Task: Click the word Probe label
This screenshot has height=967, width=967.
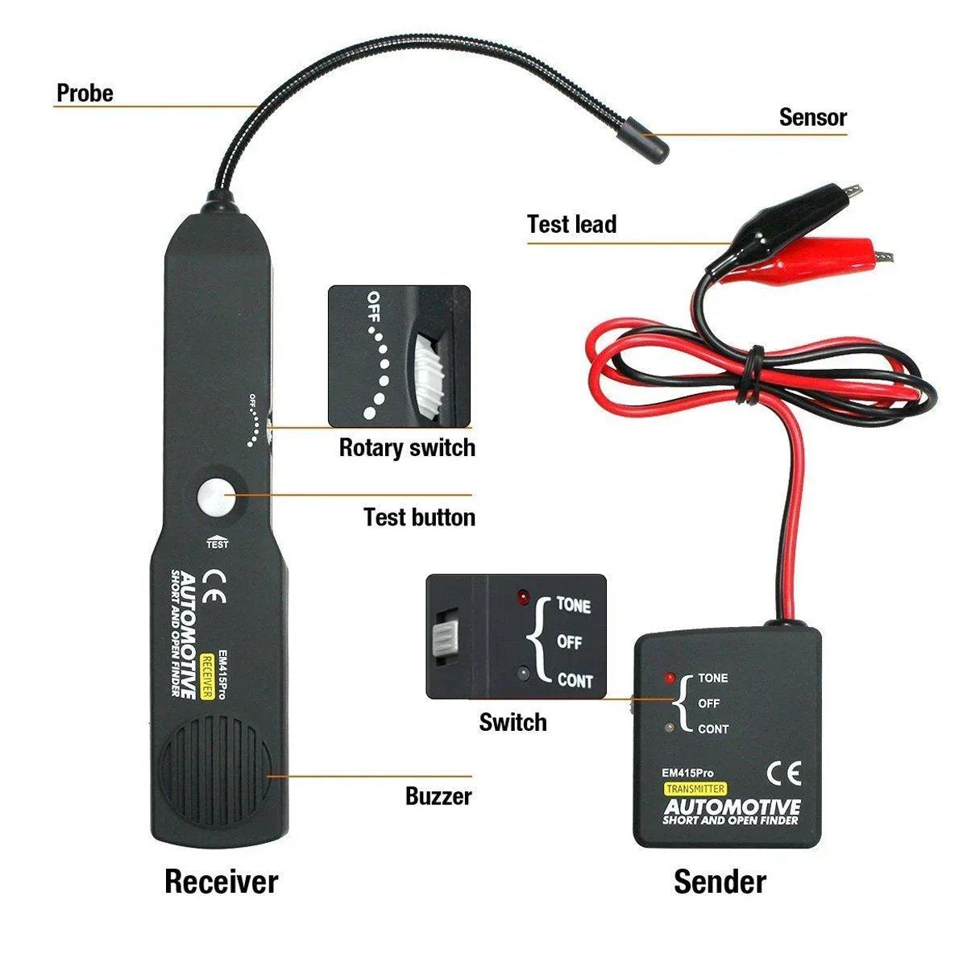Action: (x=85, y=93)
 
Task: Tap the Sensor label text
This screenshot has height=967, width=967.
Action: (x=812, y=118)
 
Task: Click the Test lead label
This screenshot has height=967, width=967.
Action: (x=571, y=224)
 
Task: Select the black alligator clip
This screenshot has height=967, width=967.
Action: (x=786, y=213)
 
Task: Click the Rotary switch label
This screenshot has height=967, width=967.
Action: (x=406, y=447)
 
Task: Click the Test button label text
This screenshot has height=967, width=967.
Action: (x=419, y=517)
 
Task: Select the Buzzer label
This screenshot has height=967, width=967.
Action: (x=438, y=797)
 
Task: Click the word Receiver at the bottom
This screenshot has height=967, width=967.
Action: (x=221, y=881)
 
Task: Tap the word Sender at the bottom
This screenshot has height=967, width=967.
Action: (x=720, y=881)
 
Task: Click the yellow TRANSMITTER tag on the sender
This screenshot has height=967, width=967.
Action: (x=695, y=789)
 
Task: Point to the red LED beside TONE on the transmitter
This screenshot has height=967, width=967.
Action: (x=668, y=678)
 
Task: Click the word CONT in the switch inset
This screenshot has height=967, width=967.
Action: (x=575, y=681)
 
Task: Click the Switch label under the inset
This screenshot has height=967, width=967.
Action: (x=513, y=722)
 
